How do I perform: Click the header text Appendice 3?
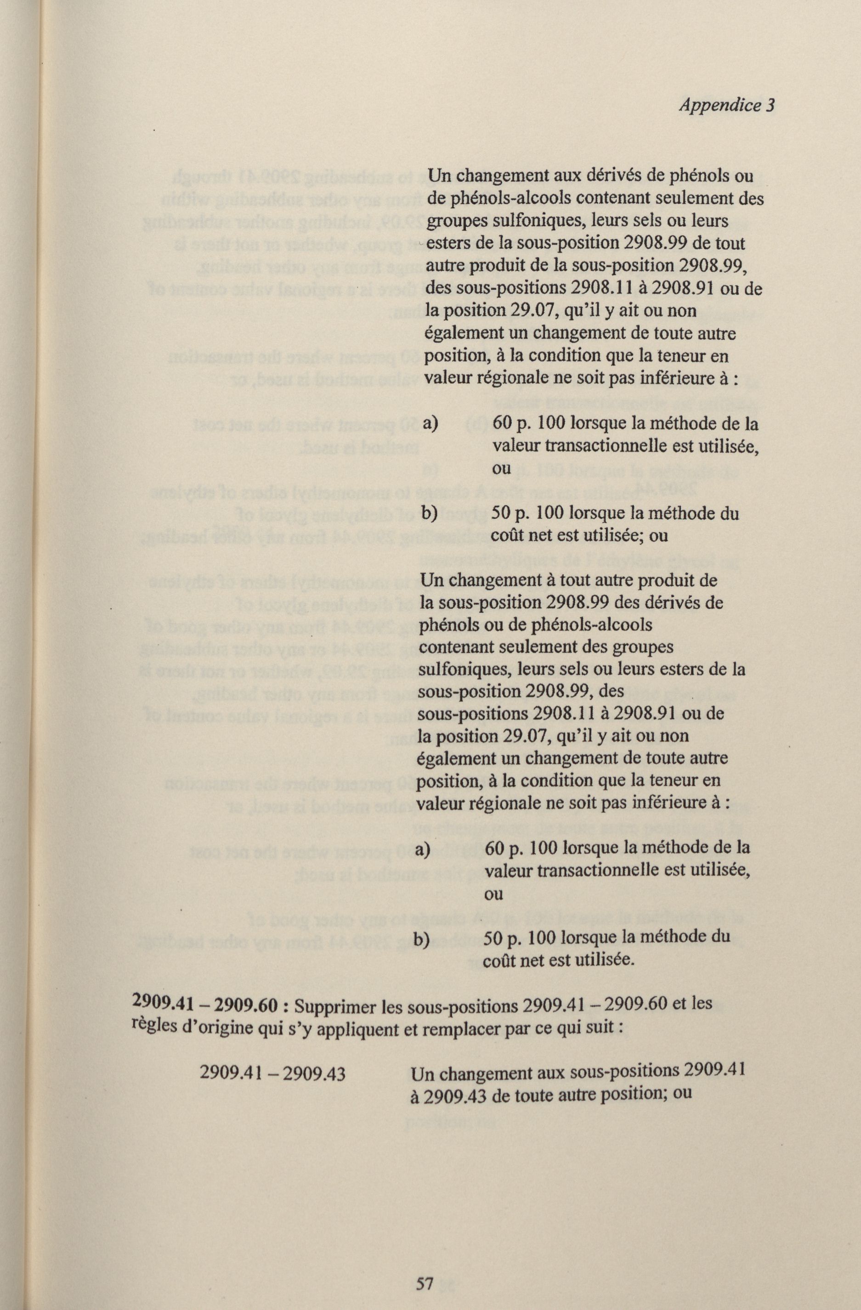coord(726,105)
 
